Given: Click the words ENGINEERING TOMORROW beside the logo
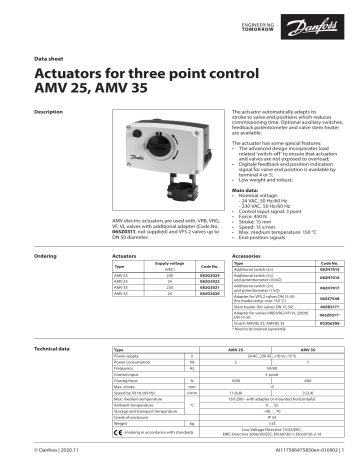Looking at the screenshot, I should (x=282, y=23).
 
